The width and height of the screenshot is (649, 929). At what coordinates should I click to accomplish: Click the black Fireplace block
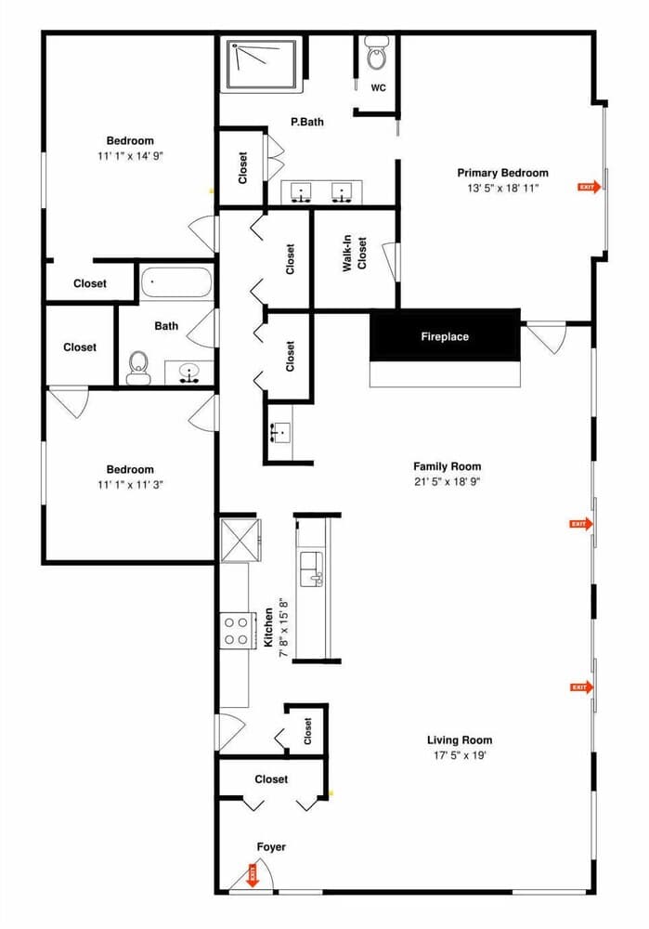point(445,336)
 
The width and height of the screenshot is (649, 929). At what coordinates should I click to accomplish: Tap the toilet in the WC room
point(376,57)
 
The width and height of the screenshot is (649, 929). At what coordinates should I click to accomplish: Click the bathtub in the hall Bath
point(176,282)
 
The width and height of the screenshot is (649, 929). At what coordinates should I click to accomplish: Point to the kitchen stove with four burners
point(236,631)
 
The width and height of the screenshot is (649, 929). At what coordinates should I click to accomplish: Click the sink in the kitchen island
point(312,567)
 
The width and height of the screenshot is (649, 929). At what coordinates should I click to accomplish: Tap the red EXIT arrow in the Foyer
point(252,874)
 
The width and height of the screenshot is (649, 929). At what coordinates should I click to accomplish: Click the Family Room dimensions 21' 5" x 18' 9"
point(448,481)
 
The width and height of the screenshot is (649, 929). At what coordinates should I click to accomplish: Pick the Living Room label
point(460,740)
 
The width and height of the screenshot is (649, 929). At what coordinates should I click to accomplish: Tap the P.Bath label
point(306,121)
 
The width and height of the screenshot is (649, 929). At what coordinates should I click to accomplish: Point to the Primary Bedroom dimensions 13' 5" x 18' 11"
point(502,188)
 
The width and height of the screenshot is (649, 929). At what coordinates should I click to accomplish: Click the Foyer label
point(271,846)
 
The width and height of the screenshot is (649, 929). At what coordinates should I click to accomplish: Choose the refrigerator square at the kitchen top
point(239,540)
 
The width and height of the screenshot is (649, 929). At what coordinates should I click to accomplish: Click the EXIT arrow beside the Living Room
point(580,687)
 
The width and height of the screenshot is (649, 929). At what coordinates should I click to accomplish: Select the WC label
point(378,88)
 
